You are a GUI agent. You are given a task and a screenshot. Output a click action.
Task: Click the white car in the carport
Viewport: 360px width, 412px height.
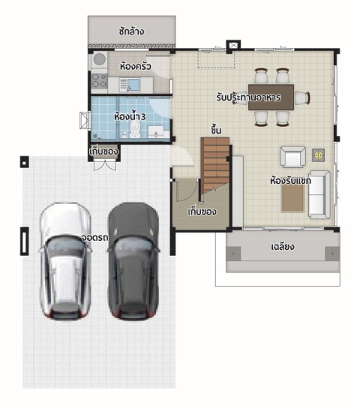coord(65,261)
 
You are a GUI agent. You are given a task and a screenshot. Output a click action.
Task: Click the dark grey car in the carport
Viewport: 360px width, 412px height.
coord(133,261)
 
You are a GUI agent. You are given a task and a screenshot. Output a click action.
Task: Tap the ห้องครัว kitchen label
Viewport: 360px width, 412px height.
coord(136,66)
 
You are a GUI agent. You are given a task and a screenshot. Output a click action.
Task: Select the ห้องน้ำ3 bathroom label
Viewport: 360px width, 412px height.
coord(130,116)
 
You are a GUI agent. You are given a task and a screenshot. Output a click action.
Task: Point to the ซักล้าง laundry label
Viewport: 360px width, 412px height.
coord(131,32)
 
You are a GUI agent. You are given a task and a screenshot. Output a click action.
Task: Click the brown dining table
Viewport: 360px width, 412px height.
coord(271,98)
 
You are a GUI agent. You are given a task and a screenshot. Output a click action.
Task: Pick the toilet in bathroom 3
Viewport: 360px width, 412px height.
coord(134,130)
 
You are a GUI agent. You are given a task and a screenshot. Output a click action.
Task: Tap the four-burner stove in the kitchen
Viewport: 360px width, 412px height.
coord(99,80)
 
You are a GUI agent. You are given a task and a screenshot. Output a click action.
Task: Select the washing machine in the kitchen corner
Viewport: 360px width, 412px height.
coord(100,59)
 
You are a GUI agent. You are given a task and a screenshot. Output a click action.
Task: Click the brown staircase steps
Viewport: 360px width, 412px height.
coord(215,165)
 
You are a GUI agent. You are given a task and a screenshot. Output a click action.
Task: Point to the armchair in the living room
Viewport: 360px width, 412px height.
coord(292,157)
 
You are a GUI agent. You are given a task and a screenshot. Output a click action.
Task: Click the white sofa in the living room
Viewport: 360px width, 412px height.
coord(319,194)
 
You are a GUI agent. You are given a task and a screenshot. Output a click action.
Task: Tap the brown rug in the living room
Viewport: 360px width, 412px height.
coord(292,198)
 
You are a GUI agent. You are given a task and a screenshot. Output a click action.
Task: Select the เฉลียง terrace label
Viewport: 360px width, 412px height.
coord(283,247)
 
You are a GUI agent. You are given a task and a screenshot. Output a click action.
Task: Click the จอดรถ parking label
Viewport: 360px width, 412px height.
coord(94,238)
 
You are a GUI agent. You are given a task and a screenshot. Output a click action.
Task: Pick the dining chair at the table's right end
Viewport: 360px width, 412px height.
coord(302,98)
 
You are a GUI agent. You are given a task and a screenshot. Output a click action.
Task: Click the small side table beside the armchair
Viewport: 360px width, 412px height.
coord(318,155)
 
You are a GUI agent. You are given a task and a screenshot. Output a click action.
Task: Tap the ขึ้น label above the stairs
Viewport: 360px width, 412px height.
coord(216,130)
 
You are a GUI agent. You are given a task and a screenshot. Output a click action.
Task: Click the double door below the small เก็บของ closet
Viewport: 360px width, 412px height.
coord(105,165)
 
